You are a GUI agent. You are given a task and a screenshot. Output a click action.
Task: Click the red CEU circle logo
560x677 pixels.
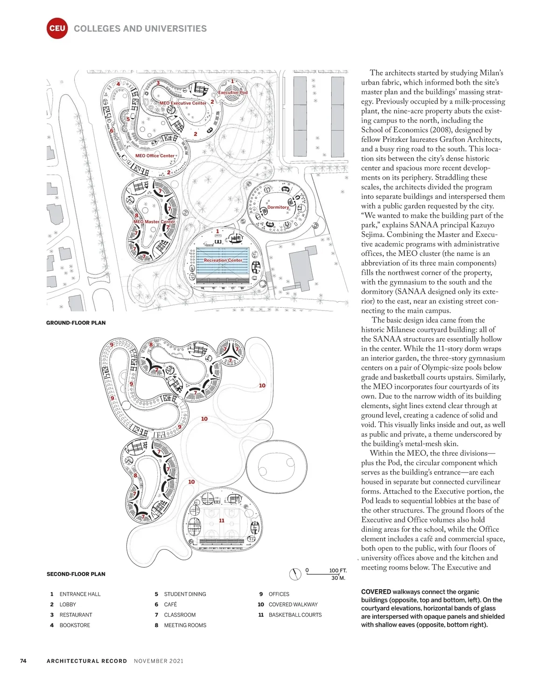click(57, 28)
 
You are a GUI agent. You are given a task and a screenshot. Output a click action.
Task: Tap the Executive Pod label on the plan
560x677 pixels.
click(233, 92)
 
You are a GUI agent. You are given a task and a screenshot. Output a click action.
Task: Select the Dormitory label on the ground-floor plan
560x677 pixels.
click(278, 207)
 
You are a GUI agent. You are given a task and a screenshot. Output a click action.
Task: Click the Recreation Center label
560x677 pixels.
click(223, 260)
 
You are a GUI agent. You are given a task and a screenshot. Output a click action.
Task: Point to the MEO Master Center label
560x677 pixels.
click(154, 222)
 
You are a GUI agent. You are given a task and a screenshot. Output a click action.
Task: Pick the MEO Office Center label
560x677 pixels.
click(154, 155)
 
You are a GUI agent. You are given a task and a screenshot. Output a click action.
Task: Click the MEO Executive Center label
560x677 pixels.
click(182, 103)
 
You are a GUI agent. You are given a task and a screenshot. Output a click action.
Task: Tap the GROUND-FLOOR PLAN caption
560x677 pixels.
click(76, 323)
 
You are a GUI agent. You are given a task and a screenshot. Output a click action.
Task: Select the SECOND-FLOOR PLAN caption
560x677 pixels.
click(76, 574)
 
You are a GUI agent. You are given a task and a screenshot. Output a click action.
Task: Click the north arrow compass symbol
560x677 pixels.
click(295, 574)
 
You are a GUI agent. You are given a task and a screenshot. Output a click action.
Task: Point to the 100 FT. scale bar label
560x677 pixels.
click(338, 571)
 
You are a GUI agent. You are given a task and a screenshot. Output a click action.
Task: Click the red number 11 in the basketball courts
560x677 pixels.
click(222, 520)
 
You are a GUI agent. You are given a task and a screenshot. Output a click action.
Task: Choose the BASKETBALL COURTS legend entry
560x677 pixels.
click(295, 615)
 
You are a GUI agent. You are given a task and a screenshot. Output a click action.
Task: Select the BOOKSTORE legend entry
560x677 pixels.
click(75, 625)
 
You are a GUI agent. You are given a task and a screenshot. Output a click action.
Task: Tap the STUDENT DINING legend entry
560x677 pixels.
click(185, 594)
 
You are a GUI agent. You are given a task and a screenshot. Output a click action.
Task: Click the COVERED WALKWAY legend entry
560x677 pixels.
click(293, 605)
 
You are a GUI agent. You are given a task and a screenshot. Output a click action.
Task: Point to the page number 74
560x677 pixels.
click(23, 661)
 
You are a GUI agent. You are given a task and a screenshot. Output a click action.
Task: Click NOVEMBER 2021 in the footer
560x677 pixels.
click(159, 661)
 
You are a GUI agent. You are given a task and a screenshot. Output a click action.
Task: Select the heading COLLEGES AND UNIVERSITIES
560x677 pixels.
click(140, 28)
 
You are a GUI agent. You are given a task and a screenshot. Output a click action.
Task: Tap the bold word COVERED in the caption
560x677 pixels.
click(376, 592)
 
